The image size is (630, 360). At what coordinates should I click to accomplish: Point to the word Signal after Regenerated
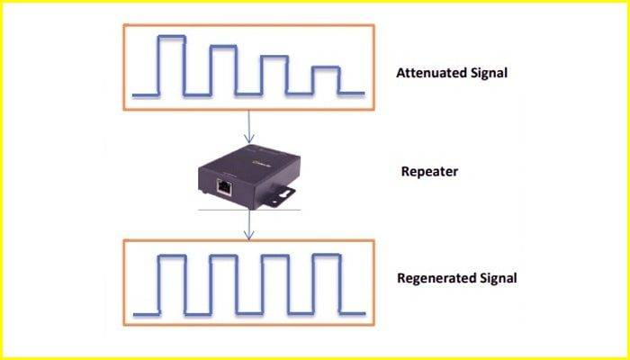click(498, 277)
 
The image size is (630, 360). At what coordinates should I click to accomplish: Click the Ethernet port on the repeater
click(222, 187)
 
